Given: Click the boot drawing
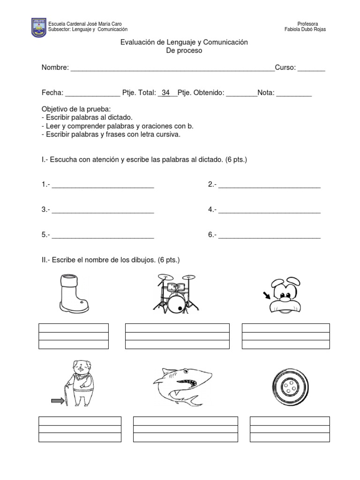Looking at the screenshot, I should pyautogui.click(x=73, y=294).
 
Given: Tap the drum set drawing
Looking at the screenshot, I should pyautogui.click(x=176, y=293).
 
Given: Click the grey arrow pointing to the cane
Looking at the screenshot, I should pyautogui.click(x=58, y=400).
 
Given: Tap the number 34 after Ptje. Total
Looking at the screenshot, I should pyautogui.click(x=165, y=93).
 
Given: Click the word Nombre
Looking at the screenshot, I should pyautogui.click(x=55, y=67).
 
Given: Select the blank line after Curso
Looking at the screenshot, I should pyautogui.click(x=311, y=68).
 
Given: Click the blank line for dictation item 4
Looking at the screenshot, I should pyautogui.click(x=270, y=210).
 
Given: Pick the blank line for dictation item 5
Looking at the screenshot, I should pyautogui.click(x=103, y=235).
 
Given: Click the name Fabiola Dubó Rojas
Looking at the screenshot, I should pyautogui.click(x=305, y=30).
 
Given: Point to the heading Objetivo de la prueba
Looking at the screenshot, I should pyautogui.click(x=76, y=109).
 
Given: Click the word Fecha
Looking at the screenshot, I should pyautogui.click(x=52, y=93).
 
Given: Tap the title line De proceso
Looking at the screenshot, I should pyautogui.click(x=184, y=51).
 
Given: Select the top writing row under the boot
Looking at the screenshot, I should pyautogui.click(x=74, y=328).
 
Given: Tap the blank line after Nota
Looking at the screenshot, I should pyautogui.click(x=294, y=94).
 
